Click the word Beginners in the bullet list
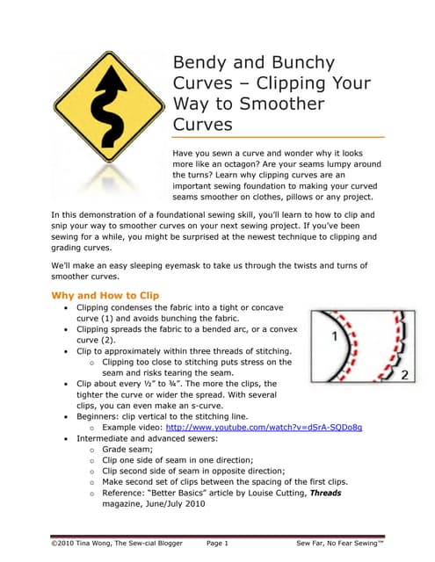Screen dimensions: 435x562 (102, 416)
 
